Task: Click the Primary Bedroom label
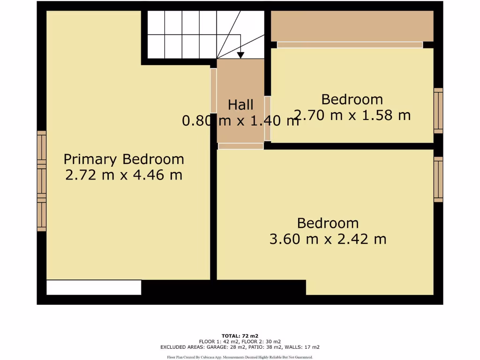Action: (124, 159)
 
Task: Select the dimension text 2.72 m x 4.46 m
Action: (124, 175)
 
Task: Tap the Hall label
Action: (240, 105)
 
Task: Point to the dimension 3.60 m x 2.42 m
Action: (328, 239)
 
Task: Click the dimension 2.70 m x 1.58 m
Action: (352, 115)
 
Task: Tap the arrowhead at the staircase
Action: (240, 55)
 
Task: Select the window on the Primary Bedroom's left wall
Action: (42, 181)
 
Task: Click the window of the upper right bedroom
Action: (438, 111)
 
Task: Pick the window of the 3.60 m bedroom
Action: (438, 179)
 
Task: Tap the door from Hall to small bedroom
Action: (268, 118)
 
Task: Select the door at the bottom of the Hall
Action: (240, 146)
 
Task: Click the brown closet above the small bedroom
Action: (352, 26)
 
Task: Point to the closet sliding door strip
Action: (350, 45)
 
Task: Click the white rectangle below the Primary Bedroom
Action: (94, 287)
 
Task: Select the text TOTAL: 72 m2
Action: (240, 336)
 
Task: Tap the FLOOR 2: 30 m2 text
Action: (262, 342)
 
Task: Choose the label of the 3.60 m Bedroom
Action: (328, 223)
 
